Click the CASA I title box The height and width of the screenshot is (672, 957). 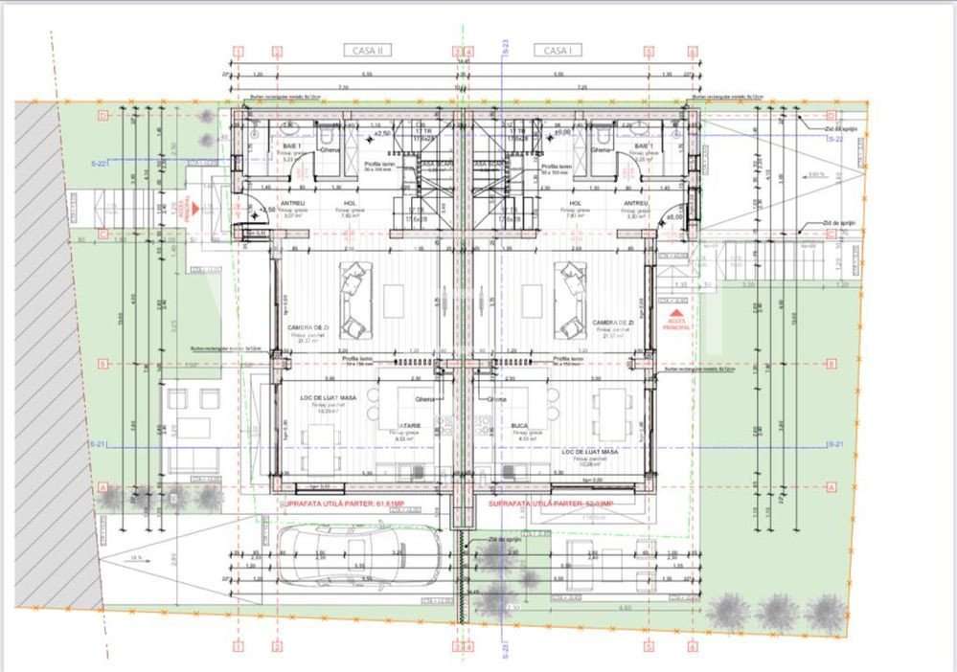click(x=558, y=50)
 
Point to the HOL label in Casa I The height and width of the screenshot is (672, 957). click(x=576, y=203)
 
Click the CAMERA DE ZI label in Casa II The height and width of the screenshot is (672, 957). click(x=308, y=327)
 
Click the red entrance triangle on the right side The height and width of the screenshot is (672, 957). click(x=677, y=313)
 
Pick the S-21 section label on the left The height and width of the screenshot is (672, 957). click(x=98, y=445)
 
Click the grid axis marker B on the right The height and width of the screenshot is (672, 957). click(x=829, y=364)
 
